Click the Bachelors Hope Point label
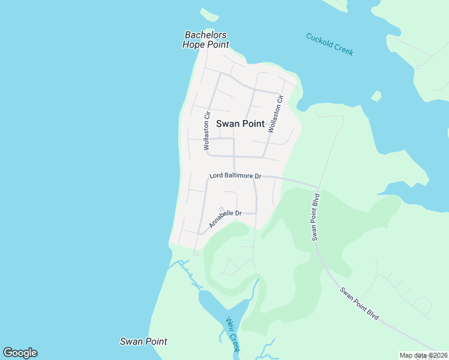click(x=206, y=40)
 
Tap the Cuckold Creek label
click(x=330, y=44)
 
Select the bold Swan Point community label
click(x=240, y=124)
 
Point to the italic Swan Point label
click(x=143, y=341)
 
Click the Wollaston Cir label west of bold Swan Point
click(x=207, y=130)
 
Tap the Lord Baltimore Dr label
click(x=235, y=176)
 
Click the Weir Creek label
click(x=234, y=335)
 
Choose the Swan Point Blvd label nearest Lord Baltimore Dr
click(x=316, y=217)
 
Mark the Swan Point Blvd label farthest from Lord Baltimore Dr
click(x=359, y=304)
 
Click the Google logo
click(x=20, y=353)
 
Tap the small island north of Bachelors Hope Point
click(x=209, y=14)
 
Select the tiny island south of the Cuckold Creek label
click(x=376, y=96)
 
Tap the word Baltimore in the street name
click(x=240, y=176)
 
